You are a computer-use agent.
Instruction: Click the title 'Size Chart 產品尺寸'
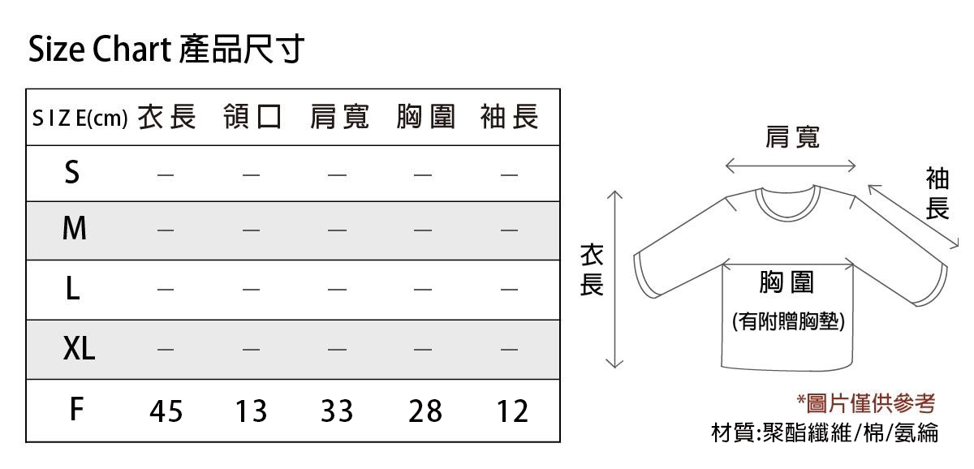[x=166, y=49]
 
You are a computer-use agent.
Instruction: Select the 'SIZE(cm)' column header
[x=80, y=118]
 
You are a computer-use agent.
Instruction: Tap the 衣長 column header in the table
[x=167, y=117]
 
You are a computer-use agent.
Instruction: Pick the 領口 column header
[x=252, y=117]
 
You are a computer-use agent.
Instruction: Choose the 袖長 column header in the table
[x=510, y=117]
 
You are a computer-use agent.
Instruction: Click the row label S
[x=72, y=172]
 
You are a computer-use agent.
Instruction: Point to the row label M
[x=75, y=228]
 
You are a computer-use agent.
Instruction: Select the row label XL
[x=79, y=348]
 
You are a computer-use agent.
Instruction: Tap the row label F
[x=76, y=409]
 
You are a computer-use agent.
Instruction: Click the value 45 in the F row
[x=166, y=411]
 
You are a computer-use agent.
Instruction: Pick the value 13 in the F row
[x=251, y=411]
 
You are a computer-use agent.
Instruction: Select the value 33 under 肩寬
[x=337, y=411]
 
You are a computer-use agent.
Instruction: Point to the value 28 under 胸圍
[x=425, y=411]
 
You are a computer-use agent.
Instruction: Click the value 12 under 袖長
[x=513, y=411]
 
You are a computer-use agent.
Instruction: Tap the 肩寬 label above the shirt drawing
[x=792, y=137]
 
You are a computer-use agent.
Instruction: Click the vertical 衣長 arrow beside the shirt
[x=614, y=279]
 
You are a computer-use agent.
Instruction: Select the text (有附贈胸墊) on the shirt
[x=788, y=321]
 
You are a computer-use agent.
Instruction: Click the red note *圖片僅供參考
[x=866, y=403]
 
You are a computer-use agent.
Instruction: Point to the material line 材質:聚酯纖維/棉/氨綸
[x=825, y=432]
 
